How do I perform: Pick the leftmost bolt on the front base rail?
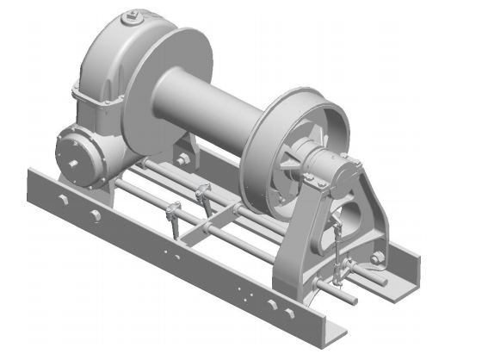point(63,202)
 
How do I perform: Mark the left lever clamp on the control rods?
point(173,212)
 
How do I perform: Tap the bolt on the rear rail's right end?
point(376,259)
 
